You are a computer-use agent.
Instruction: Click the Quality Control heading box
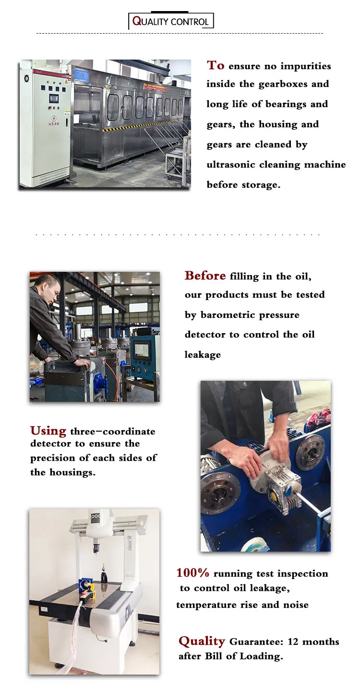pyautogui.click(x=171, y=21)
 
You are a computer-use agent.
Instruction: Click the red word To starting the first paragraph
pyautogui.click(x=216, y=65)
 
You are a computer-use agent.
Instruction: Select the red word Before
pyautogui.click(x=205, y=276)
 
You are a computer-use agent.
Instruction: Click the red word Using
pyautogui.click(x=48, y=431)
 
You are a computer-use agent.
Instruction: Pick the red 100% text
pyautogui.click(x=192, y=572)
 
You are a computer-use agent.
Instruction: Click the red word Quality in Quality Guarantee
pyautogui.click(x=202, y=641)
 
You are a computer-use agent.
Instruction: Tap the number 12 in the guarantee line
pyautogui.click(x=293, y=641)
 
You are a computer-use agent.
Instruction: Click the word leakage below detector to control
pyautogui.click(x=203, y=355)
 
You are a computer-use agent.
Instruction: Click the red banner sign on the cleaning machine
pyautogui.click(x=155, y=86)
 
